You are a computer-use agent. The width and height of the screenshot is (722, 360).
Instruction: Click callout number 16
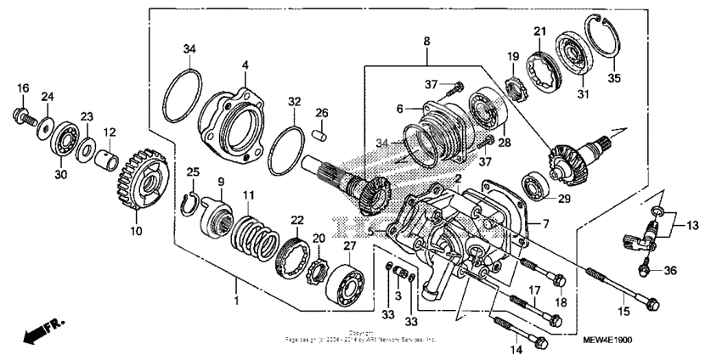pos(23,87)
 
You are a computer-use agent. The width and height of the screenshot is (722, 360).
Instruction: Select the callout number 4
pos(245,65)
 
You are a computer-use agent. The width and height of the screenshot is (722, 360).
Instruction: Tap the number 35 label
pos(614,78)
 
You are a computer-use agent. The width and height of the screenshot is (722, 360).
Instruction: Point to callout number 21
pos(539,32)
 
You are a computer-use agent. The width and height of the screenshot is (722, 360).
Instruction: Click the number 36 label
pos(671,271)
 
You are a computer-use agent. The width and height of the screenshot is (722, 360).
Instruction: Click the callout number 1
pos(236,301)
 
